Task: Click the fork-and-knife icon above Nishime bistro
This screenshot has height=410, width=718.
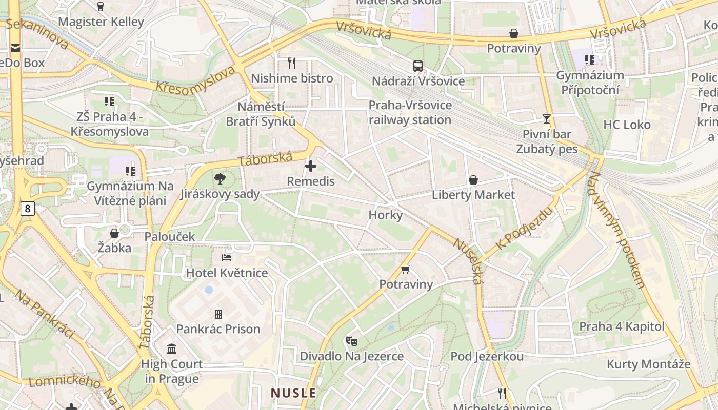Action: [x=292, y=63]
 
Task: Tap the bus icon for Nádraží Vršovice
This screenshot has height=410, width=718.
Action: [x=418, y=66]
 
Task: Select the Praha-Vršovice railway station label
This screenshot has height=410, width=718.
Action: [x=410, y=113]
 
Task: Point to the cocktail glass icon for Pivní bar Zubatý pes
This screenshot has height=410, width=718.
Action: [x=547, y=119]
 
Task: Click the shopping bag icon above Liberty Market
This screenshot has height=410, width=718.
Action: [x=473, y=180]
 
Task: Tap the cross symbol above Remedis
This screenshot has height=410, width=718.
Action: [x=311, y=166]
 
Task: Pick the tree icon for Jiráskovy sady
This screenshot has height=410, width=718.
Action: [x=220, y=179]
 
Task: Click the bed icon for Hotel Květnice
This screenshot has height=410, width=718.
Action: [x=227, y=257]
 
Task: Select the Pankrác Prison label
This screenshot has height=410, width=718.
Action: [x=218, y=329]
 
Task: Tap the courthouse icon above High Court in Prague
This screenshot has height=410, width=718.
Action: [x=172, y=349]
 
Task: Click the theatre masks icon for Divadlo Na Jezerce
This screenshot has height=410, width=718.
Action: [x=351, y=341]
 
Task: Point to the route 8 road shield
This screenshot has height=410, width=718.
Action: [x=28, y=208]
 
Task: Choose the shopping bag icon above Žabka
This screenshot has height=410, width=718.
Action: [x=114, y=233]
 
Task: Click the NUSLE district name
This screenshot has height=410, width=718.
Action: [x=293, y=393]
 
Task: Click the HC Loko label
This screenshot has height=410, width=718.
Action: [x=626, y=125]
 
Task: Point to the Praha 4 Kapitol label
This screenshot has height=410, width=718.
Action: [x=622, y=327]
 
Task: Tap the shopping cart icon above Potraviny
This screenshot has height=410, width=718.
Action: [x=406, y=269]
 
